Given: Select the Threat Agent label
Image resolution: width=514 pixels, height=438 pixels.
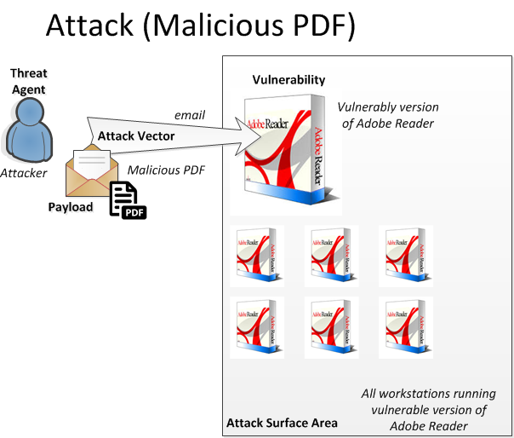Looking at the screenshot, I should (28, 82).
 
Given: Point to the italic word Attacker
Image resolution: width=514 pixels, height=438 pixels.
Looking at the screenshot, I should (24, 172).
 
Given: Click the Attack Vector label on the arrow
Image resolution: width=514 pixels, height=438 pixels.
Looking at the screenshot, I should (136, 135).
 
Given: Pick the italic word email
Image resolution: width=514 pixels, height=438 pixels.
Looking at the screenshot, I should (190, 115).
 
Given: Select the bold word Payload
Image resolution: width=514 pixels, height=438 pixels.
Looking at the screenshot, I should (70, 207).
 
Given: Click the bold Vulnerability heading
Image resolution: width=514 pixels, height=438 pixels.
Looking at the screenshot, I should (288, 80).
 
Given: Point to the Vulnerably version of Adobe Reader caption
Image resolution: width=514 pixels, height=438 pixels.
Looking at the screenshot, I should (387, 115).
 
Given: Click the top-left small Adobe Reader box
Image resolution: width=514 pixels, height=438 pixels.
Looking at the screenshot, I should (256, 252).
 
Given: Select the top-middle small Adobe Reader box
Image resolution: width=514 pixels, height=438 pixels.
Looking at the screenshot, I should (331, 252).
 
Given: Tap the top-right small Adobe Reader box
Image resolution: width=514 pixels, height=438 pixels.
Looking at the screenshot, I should (405, 252).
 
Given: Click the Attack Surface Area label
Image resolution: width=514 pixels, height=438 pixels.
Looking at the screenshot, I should (282, 423).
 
